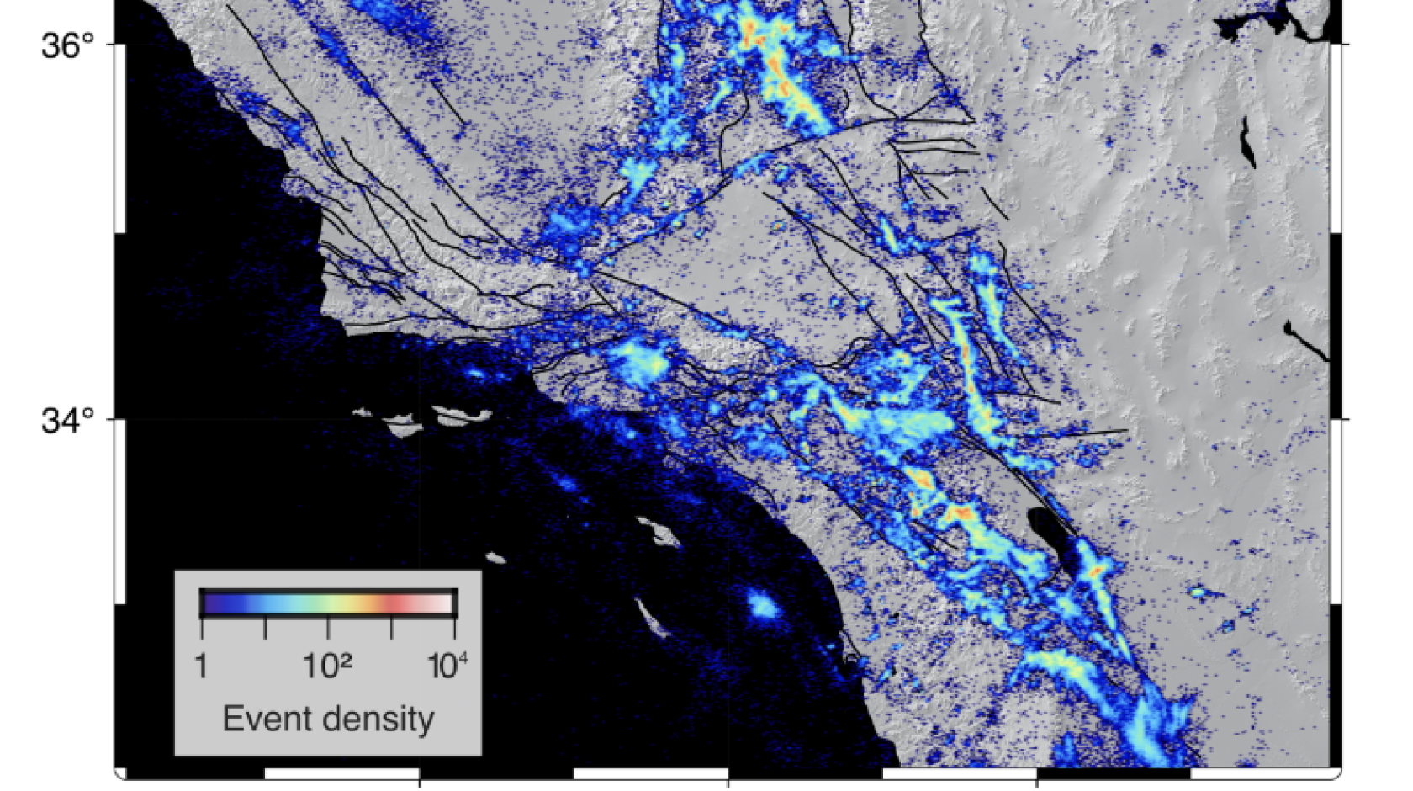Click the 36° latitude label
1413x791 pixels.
(67, 45)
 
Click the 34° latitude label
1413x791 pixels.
(67, 420)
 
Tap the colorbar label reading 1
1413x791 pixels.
(201, 666)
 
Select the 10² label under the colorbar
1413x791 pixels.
(327, 666)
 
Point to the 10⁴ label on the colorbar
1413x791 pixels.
(447, 666)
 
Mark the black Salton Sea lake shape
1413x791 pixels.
(1051, 533)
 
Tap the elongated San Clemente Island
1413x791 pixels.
(651, 616)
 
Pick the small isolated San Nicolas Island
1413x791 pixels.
(496, 557)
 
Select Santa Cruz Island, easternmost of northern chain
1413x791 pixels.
(461, 415)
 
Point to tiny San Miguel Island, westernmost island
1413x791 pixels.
(362, 411)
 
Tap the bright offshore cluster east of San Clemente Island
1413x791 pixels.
(763, 605)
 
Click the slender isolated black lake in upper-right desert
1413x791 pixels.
(1247, 142)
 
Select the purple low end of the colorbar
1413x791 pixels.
(214, 603)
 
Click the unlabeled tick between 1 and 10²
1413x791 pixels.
(265, 627)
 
